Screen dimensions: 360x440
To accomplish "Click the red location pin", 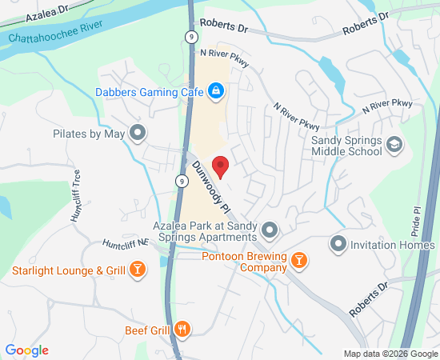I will point(222,166).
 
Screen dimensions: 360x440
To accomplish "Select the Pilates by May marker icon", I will point(138,134).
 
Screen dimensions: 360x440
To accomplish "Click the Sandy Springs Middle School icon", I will point(393,146).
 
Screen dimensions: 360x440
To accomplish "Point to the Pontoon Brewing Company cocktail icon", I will point(298,260).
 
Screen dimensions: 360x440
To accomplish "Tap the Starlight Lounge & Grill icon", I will point(138,270).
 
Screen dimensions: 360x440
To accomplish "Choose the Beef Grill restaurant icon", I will point(183,329).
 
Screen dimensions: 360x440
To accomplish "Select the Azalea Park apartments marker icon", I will point(270,231).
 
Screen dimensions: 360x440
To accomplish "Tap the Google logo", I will point(26,350).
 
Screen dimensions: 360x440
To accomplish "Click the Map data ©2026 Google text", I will point(391,354).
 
